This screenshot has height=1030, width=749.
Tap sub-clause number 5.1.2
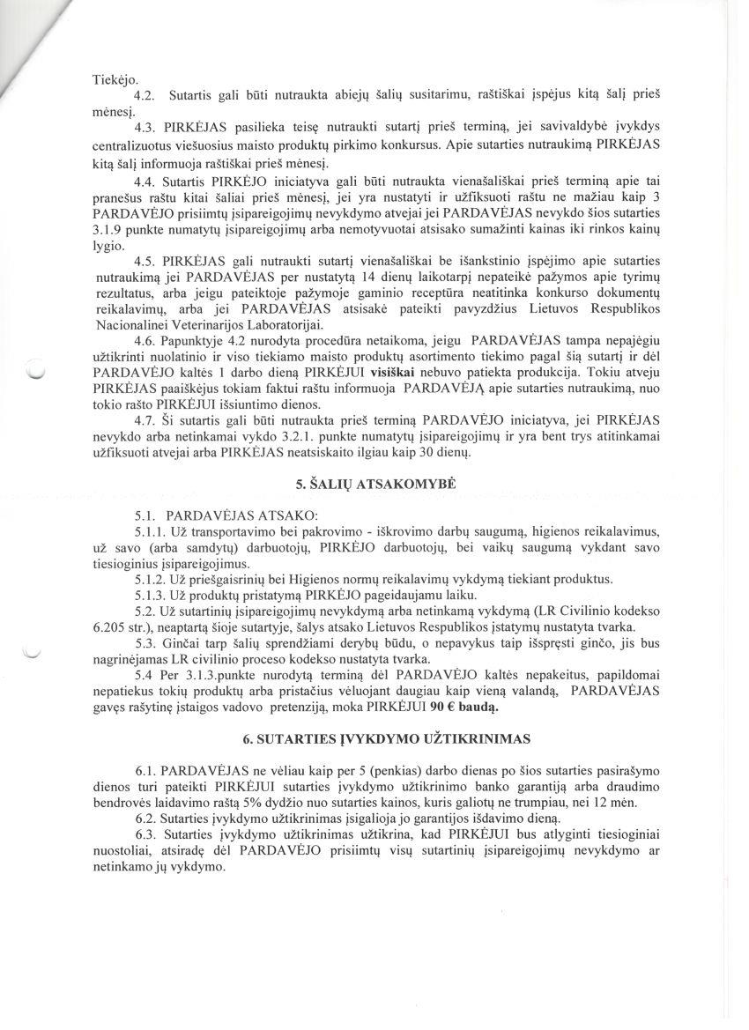tap(151, 579)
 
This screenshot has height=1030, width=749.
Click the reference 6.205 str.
tap(123, 626)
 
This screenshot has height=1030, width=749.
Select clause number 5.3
tap(146, 642)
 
